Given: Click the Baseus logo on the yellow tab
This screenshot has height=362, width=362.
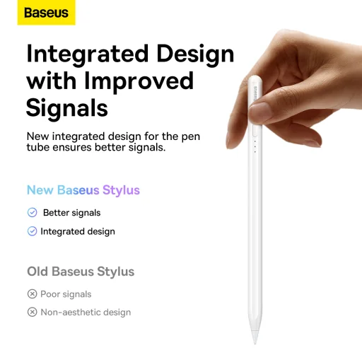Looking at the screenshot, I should point(46,13).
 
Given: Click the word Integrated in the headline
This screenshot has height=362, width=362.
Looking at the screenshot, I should point(88,54).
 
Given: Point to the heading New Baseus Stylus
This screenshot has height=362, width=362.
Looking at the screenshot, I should point(83,190).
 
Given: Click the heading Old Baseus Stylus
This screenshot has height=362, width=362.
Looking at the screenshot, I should point(81,271).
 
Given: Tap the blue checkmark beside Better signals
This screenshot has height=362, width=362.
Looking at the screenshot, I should point(32,213).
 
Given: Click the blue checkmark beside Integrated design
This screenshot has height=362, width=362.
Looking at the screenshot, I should point(32,231).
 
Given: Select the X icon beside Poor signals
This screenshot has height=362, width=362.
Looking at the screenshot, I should point(32,294).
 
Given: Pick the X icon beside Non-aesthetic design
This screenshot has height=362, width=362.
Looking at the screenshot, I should point(32,313).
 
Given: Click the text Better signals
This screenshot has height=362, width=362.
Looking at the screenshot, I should point(71,213).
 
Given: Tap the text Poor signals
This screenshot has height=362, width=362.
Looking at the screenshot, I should point(66,294).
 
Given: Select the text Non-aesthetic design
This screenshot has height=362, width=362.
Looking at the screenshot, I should point(86,313).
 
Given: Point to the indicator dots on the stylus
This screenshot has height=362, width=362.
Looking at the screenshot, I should point(255,146).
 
